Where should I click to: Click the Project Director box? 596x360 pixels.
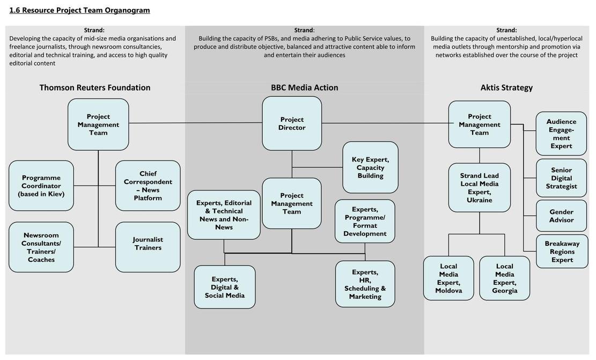[x=292, y=123]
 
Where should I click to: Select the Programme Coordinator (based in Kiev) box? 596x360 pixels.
[x=41, y=186]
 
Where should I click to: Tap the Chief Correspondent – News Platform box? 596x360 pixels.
[x=148, y=186]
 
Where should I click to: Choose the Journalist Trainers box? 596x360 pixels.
[x=148, y=247]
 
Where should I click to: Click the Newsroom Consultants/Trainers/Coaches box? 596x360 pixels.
[x=41, y=247]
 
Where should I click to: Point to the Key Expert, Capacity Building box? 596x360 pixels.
[x=370, y=167]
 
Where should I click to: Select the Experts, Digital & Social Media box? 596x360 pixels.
[x=225, y=287]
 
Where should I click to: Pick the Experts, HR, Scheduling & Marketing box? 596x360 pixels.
[x=365, y=284]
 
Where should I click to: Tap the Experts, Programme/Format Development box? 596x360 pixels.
[x=365, y=221]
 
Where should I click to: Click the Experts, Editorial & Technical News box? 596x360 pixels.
[x=224, y=215]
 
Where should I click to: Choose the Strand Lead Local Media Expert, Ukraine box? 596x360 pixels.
[x=479, y=188]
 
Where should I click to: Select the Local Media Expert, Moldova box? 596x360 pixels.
[x=448, y=278]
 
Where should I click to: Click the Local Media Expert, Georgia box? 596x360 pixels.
[x=504, y=278]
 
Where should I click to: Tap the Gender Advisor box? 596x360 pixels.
[x=562, y=216]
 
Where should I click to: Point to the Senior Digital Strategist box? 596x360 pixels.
[x=562, y=178]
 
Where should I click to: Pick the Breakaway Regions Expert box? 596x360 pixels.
[x=562, y=252]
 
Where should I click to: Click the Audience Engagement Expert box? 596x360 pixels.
[x=562, y=134]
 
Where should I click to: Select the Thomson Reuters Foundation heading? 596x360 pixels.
[x=95, y=87]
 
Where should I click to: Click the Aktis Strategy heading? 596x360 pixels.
[x=506, y=87]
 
